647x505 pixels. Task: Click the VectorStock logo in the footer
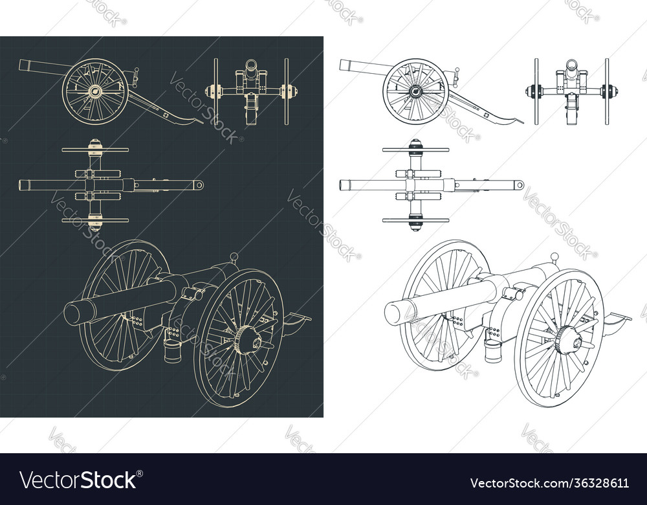coord(78,480)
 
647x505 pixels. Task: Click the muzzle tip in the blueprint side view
coord(22,64)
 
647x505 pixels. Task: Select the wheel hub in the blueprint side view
coord(95,91)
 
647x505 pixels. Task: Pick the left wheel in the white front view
coord(536,91)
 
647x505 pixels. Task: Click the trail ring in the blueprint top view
coord(199,185)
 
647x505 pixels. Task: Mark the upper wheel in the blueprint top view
coord(95,150)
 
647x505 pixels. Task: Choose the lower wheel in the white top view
coord(415,220)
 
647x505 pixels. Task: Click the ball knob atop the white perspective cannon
coord(554,257)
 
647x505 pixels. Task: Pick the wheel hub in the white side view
coord(415,91)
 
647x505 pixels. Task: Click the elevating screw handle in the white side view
coord(456,76)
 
